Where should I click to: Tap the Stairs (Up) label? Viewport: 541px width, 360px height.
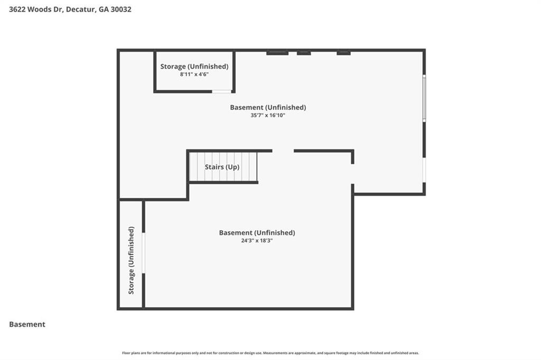click(x=222, y=167)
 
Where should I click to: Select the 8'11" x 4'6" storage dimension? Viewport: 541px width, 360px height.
click(x=194, y=74)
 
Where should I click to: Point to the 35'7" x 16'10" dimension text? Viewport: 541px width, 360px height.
click(x=268, y=115)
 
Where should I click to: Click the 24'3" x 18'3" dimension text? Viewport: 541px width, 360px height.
click(x=257, y=240)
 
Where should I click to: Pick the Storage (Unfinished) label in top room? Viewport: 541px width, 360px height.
click(x=194, y=67)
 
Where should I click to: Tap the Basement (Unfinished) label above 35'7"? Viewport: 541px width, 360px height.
click(x=268, y=107)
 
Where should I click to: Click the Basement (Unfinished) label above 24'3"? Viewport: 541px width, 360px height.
click(x=257, y=232)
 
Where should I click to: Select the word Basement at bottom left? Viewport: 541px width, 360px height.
click(x=27, y=324)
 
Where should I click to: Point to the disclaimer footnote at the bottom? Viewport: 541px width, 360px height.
click(x=270, y=353)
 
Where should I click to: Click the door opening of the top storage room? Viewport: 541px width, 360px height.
click(x=222, y=92)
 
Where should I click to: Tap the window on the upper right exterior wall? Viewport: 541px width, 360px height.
click(x=424, y=99)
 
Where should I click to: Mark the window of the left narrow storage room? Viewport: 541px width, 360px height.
click(x=143, y=253)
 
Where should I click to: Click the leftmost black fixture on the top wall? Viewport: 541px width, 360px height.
click(x=277, y=53)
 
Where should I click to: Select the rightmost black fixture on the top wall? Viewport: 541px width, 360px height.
click(x=343, y=53)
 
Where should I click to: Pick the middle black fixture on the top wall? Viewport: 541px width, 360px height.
click(x=304, y=53)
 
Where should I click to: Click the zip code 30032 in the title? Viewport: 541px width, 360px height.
click(x=120, y=9)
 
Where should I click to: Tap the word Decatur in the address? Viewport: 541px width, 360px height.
click(x=80, y=9)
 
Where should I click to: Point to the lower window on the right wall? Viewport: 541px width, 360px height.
click(x=424, y=170)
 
